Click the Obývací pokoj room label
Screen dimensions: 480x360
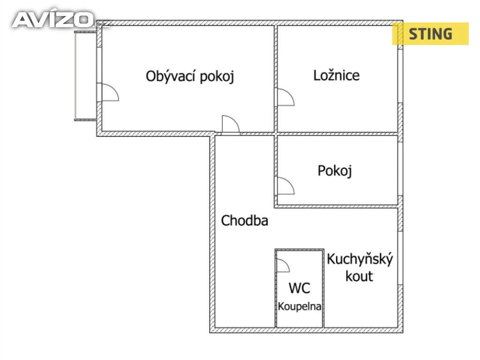tap(190, 76)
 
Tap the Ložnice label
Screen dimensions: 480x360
tap(337, 75)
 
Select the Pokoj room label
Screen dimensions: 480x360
tap(335, 171)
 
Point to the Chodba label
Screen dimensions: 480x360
tap(245, 220)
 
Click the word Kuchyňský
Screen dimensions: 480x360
tap(360, 260)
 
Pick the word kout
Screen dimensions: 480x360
tap(359, 276)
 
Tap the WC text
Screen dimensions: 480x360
tap(300, 288)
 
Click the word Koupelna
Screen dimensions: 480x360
tap(300, 307)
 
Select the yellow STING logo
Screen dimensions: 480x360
tap(430, 34)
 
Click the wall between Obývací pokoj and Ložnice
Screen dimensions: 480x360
tap(276, 78)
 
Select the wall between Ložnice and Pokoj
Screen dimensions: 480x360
tap(337, 134)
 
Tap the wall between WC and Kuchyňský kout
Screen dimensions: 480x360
tap(323, 288)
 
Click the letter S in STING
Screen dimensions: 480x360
tap(413, 34)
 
